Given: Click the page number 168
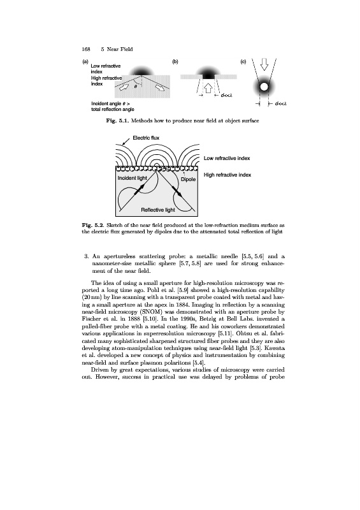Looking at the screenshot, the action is (86, 49).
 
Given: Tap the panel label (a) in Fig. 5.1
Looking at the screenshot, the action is (85, 61).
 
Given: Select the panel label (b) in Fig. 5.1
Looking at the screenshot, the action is (175, 61).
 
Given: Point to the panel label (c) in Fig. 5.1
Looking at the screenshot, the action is (243, 61).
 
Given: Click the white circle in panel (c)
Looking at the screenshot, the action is (264, 87).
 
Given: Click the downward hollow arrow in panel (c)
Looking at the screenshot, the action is (264, 64).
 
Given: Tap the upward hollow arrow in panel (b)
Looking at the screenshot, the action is (208, 87).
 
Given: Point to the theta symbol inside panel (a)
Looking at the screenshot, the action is (136, 87).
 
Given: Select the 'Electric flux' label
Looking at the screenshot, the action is (146, 138).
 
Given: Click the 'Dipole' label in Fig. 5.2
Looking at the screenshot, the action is (189, 179).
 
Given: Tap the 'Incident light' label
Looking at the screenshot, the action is (133, 178).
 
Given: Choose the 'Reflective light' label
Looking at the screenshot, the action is (158, 210).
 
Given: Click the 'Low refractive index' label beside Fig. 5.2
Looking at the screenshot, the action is (227, 158).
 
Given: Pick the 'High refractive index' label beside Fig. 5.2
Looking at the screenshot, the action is (227, 175).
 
